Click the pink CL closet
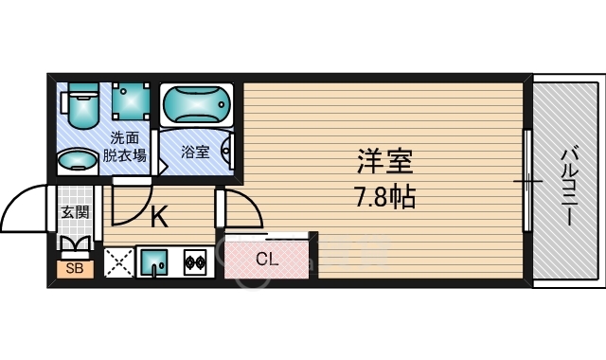tap(266, 259)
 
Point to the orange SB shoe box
tap(72, 269)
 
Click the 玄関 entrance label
tap(75, 212)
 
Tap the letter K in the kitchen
tap(160, 217)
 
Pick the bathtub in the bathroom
tap(195, 105)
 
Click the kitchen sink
tap(153, 261)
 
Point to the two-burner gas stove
tap(195, 261)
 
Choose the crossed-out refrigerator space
tap(118, 261)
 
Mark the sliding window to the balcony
tap(527, 179)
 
